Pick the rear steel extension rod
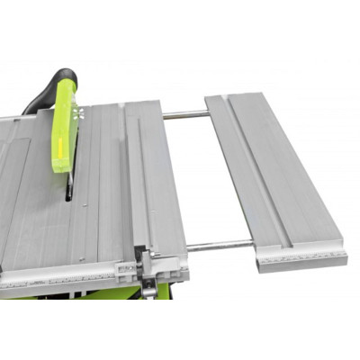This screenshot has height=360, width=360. [x=184, y=114]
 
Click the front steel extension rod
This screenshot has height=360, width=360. [x=220, y=246]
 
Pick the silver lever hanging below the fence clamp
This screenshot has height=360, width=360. [x=145, y=286]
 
